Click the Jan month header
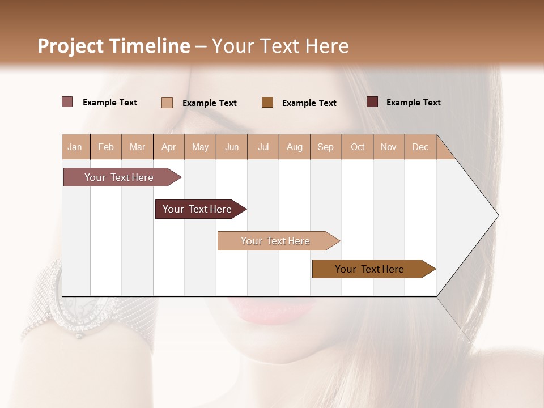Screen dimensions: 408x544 point(75,147)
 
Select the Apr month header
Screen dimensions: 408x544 point(169,147)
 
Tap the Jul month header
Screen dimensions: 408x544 point(263,147)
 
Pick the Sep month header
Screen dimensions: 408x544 point(325,147)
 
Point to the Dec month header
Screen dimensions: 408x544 point(420,147)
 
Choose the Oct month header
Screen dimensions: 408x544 point(358,147)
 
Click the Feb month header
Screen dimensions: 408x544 point(106,147)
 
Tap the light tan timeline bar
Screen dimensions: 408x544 point(277,241)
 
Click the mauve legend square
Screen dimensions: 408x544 point(67,102)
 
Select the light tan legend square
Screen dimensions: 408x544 point(167,103)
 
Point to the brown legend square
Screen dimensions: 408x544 point(267,103)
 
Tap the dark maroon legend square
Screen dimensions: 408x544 point(372,102)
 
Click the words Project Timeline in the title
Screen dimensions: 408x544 point(114,46)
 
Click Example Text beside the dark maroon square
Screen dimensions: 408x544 point(413,103)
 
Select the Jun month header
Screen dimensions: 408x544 point(232,147)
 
